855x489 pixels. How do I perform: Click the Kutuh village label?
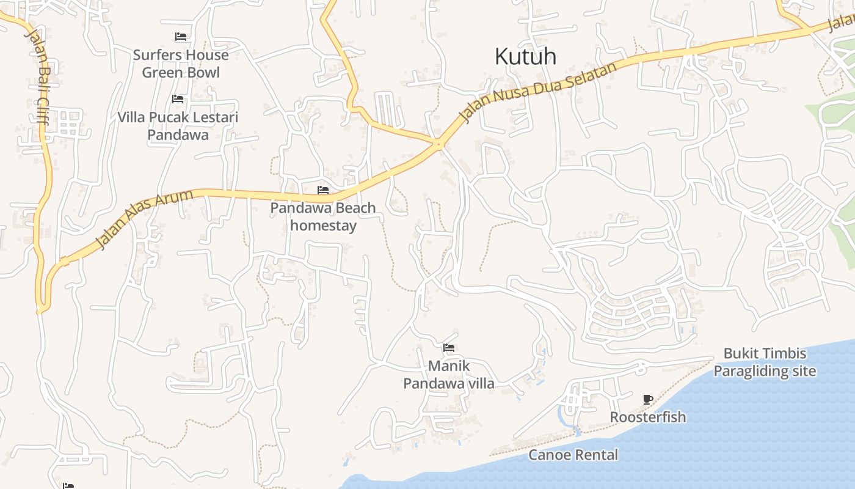click(x=525, y=57)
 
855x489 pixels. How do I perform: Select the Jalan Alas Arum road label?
click(x=145, y=219)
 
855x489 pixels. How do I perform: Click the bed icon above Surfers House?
click(x=180, y=37)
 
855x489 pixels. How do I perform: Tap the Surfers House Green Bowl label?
click(x=181, y=64)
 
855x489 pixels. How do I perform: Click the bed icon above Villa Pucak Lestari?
click(x=178, y=98)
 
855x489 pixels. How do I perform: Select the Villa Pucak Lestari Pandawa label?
click(x=178, y=126)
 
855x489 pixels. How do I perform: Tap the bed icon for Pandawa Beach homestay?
click(x=323, y=190)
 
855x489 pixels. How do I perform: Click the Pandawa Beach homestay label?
click(x=323, y=216)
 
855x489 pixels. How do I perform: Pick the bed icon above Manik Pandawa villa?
click(x=449, y=348)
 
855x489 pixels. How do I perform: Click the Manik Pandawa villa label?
click(x=449, y=375)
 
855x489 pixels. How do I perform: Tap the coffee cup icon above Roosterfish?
click(x=648, y=400)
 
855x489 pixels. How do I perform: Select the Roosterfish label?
click(x=648, y=417)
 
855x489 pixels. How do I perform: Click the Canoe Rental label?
click(x=573, y=455)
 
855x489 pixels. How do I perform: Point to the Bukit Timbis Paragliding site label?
click(x=765, y=362)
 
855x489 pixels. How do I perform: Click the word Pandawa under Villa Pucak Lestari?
click(x=178, y=135)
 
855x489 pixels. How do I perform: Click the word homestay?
click(x=323, y=226)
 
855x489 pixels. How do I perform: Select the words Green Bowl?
click(x=181, y=72)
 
